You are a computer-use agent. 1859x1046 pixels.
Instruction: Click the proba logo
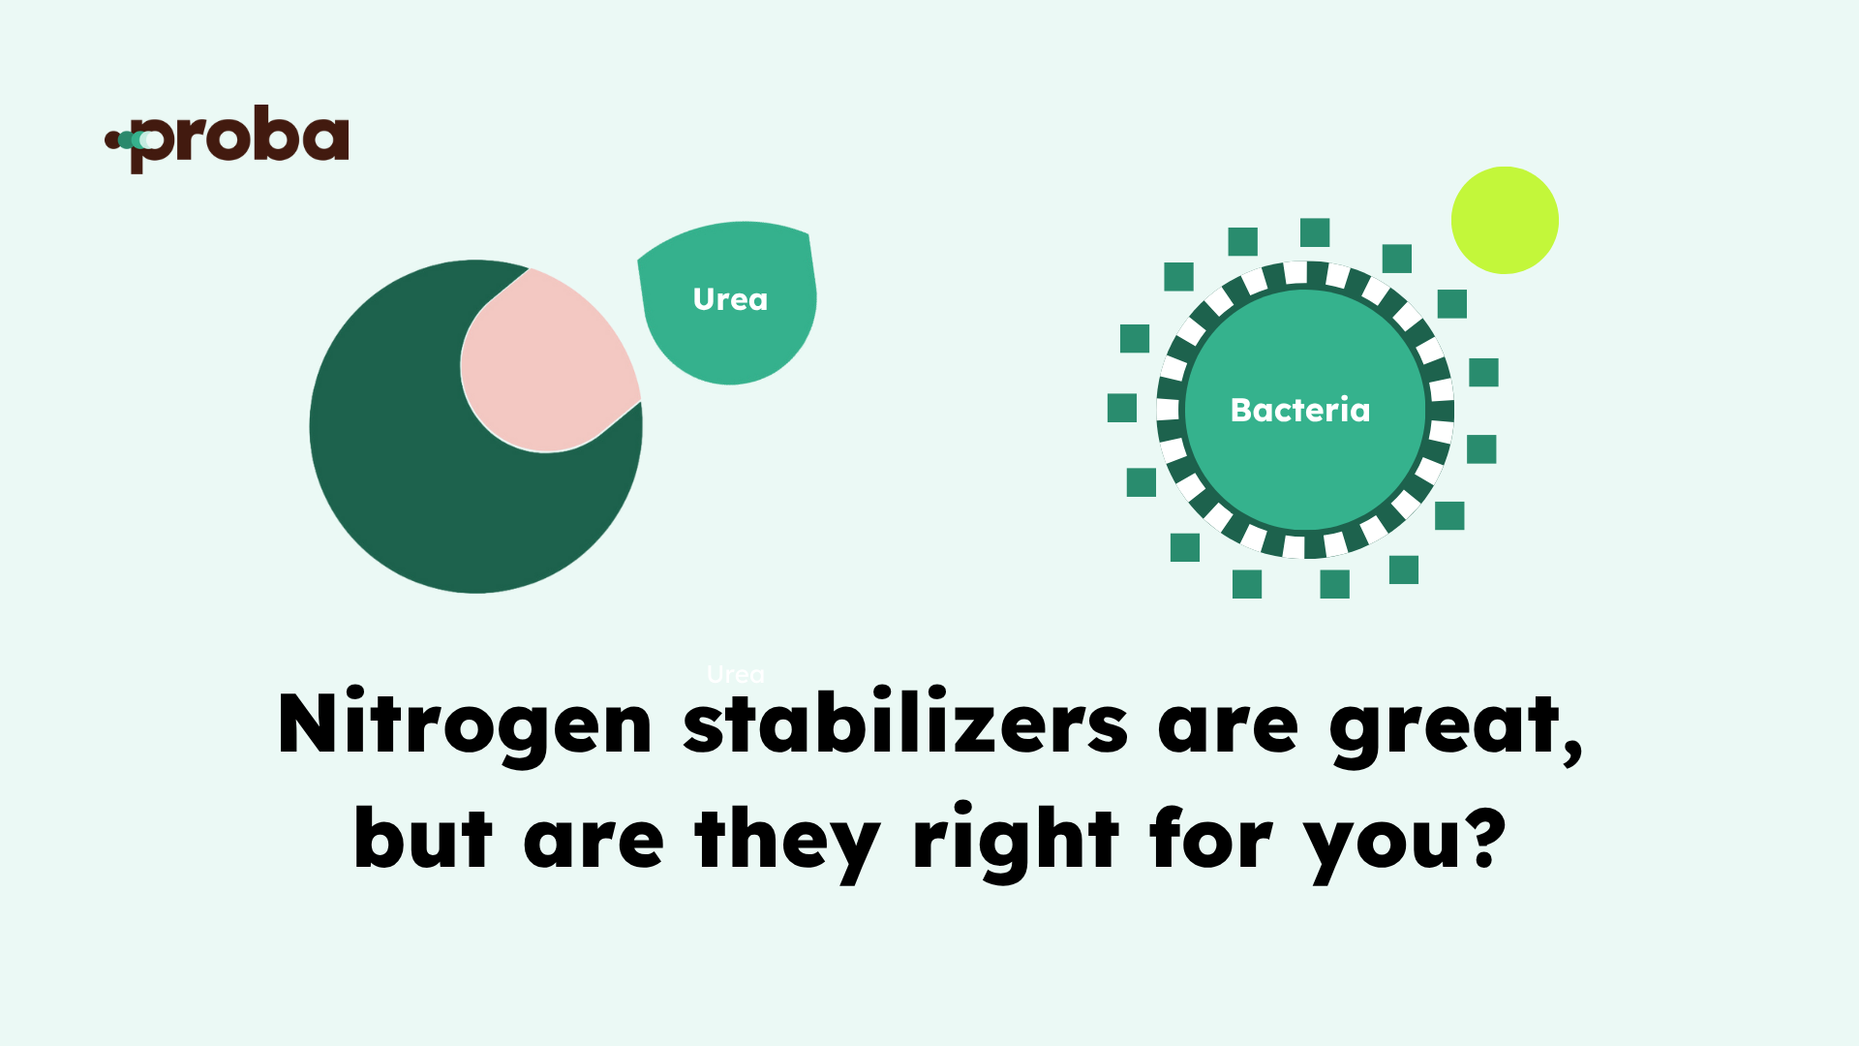click(x=227, y=139)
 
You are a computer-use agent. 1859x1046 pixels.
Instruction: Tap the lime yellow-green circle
click(x=1505, y=220)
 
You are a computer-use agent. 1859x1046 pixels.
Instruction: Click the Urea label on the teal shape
click(x=730, y=299)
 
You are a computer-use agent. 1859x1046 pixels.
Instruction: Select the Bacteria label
click(x=1300, y=410)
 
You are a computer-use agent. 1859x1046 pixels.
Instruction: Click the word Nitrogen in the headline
click(x=465, y=725)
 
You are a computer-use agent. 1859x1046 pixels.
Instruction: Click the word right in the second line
click(x=1016, y=840)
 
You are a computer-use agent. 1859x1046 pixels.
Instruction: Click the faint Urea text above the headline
click(x=736, y=674)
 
